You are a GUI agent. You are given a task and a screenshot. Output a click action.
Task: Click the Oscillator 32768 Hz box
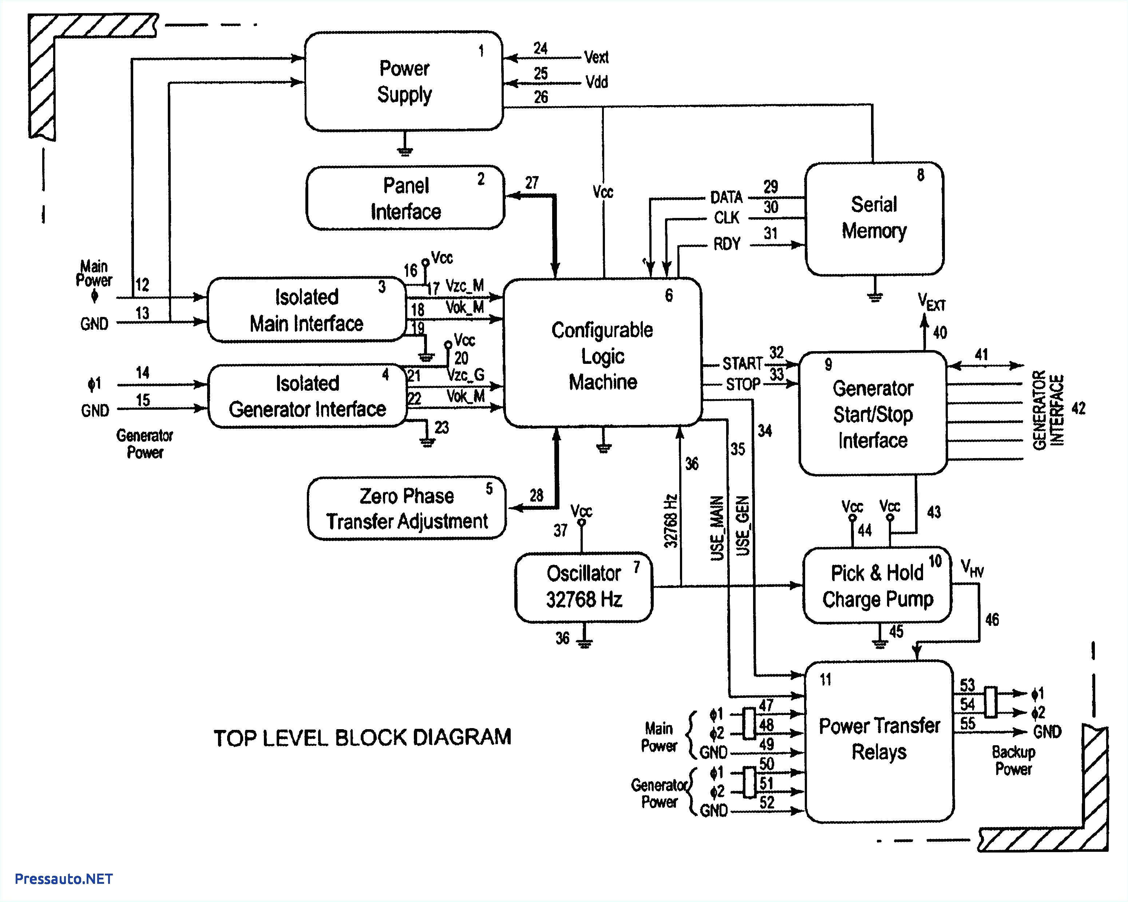click(583, 587)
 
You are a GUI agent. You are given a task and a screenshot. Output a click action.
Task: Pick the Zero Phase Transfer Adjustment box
click(407, 508)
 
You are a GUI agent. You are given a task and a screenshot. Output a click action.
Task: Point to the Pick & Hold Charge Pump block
click(877, 586)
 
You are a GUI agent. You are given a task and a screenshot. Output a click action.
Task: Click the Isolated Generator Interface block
click(307, 396)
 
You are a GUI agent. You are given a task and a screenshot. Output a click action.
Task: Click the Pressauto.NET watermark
click(63, 879)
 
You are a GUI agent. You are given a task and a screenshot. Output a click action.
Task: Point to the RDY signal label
click(727, 244)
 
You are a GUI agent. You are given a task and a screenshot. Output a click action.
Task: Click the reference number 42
click(1078, 408)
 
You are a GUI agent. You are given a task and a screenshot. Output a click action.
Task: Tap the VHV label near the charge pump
click(972, 568)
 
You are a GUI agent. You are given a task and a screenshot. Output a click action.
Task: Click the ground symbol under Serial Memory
click(875, 297)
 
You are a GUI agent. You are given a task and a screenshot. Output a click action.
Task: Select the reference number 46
click(992, 620)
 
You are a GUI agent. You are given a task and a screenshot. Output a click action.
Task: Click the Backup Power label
click(1013, 760)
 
